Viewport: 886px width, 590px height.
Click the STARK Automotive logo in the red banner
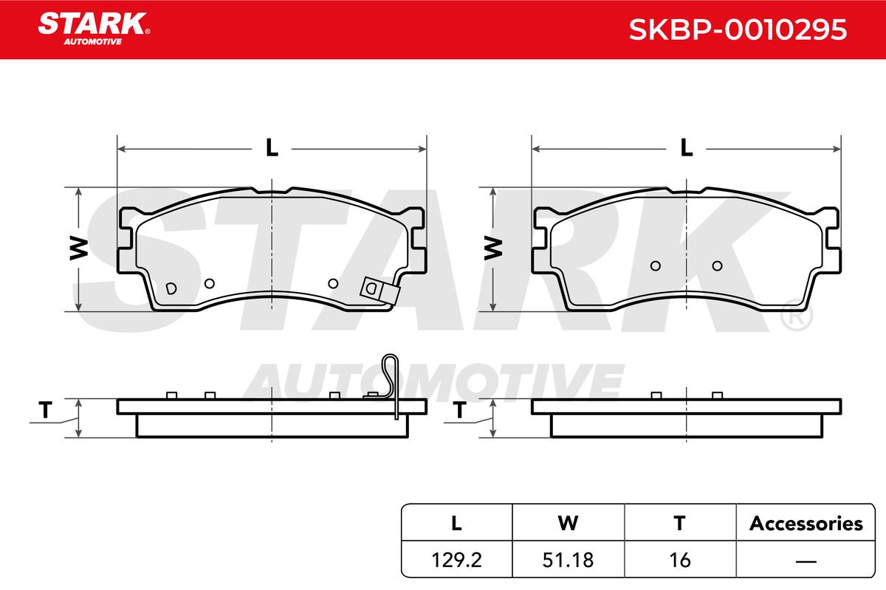pyautogui.click(x=94, y=29)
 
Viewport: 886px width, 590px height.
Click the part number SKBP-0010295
pyautogui.click(x=738, y=29)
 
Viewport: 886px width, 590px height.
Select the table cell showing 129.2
pyautogui.click(x=456, y=560)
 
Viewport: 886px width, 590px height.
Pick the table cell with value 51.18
pyautogui.click(x=568, y=560)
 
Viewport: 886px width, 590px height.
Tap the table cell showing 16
pyautogui.click(x=680, y=560)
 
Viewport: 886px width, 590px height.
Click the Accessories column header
pyautogui.click(x=806, y=523)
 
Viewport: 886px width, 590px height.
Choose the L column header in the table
pyautogui.click(x=456, y=523)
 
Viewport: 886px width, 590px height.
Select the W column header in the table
pyautogui.click(x=568, y=523)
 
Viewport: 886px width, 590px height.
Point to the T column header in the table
pyautogui.click(x=679, y=523)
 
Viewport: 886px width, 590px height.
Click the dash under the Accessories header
pyautogui.click(x=806, y=561)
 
